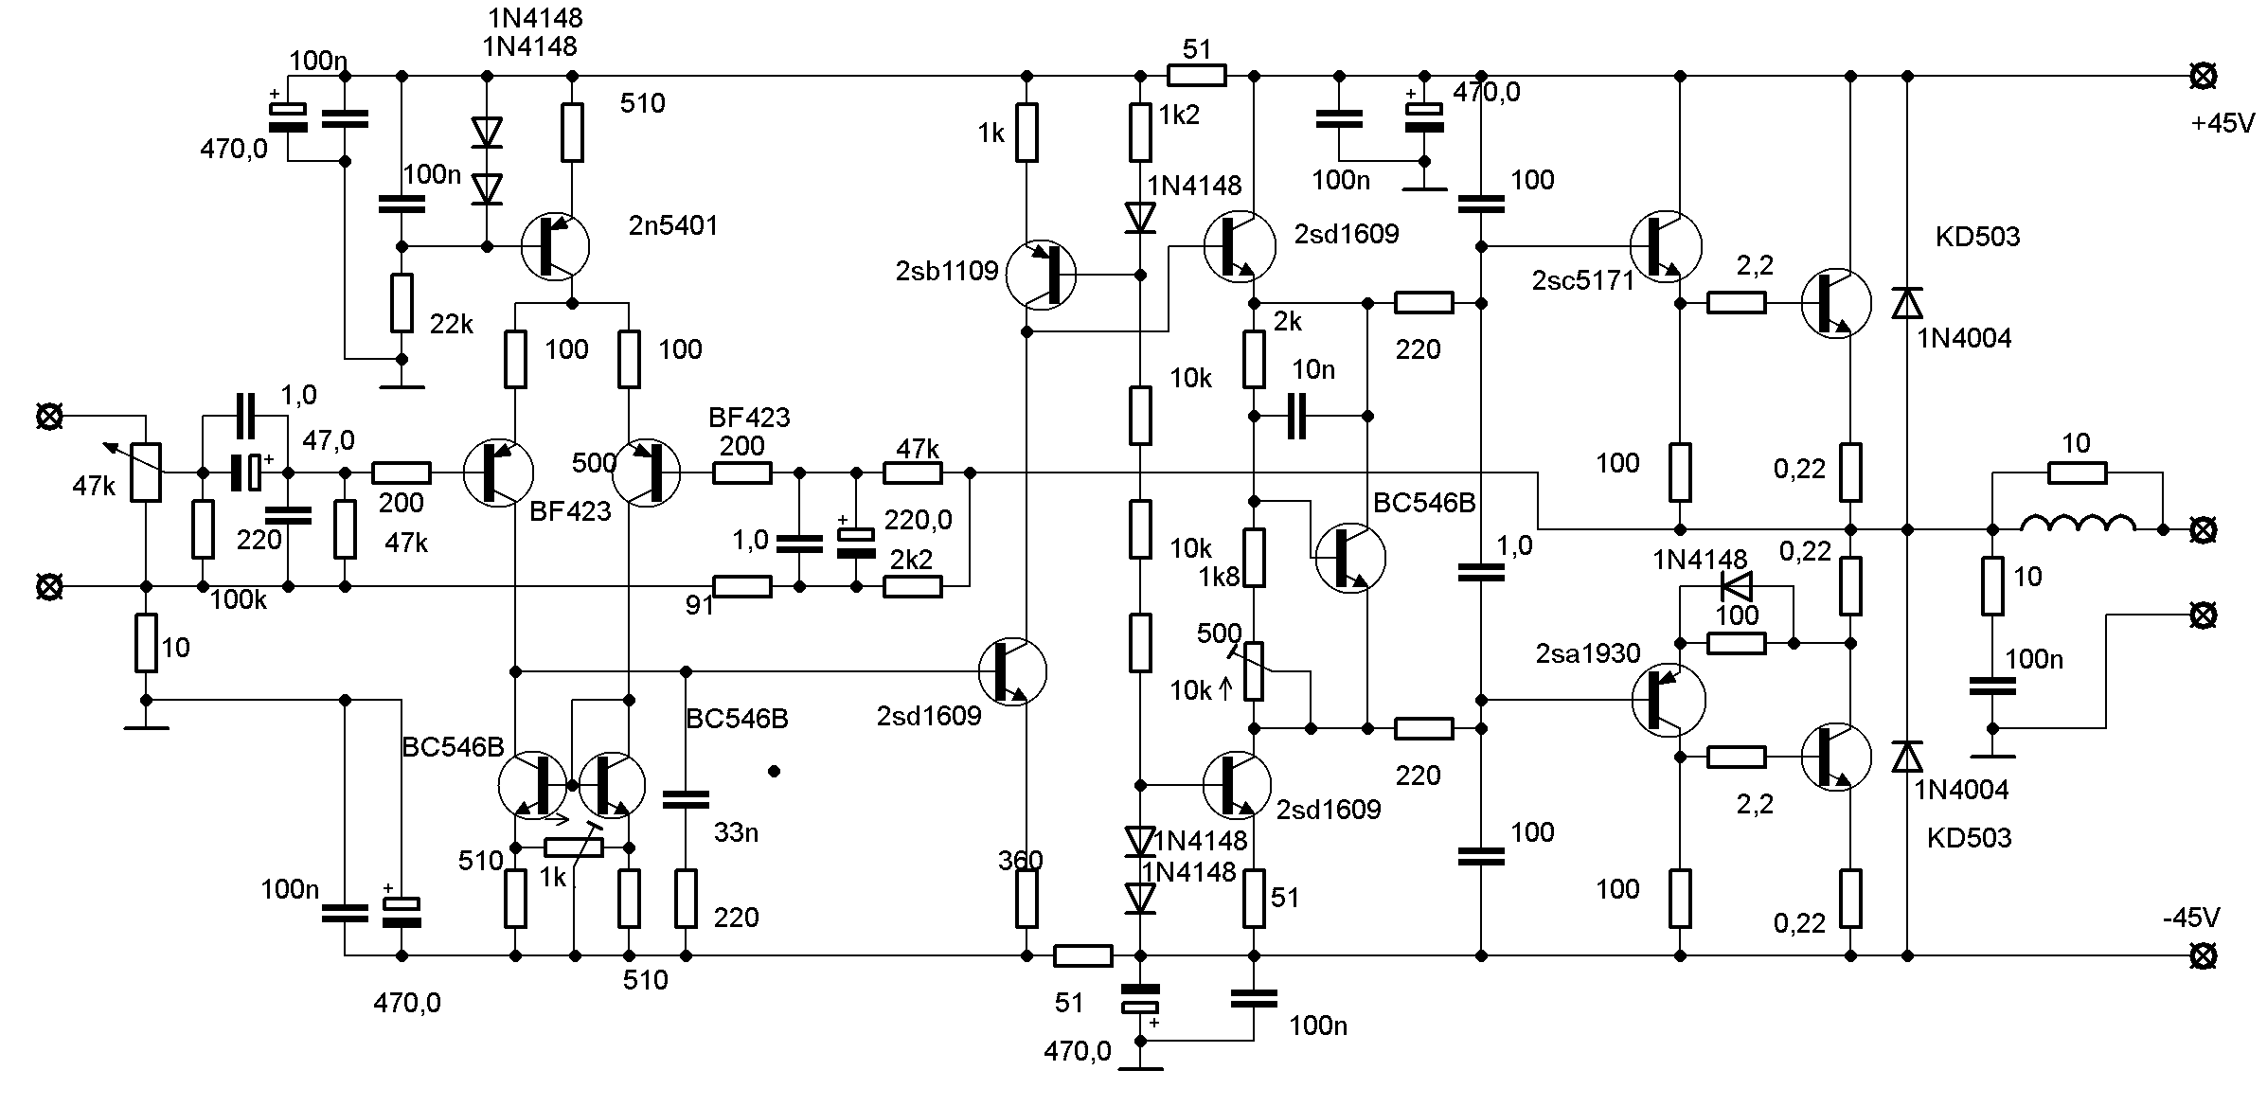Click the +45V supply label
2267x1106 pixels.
click(x=2222, y=123)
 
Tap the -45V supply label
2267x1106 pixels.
click(x=2191, y=917)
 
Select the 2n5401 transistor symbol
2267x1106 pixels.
click(x=555, y=246)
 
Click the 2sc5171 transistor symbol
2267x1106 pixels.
click(x=1666, y=246)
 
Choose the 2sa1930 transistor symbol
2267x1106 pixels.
click(x=1668, y=701)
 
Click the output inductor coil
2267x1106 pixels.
click(x=2078, y=525)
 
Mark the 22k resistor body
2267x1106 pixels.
click(x=402, y=303)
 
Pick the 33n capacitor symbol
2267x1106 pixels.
click(x=686, y=800)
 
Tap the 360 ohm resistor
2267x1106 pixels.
click(x=1026, y=898)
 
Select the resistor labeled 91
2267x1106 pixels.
click(x=742, y=587)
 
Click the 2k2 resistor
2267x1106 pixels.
click(x=913, y=587)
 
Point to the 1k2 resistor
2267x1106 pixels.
click(x=1140, y=133)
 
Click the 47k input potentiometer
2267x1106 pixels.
click(x=146, y=473)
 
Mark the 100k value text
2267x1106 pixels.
click(x=238, y=599)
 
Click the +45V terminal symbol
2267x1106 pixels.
click(x=2205, y=76)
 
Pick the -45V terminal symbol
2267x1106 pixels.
click(x=2205, y=955)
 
